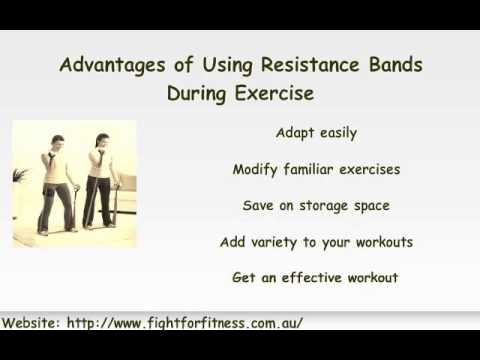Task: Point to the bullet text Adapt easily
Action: coord(315,133)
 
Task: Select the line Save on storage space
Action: coord(315,205)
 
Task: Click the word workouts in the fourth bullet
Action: coord(377,241)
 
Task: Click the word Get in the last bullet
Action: coord(243,277)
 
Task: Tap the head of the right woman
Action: coord(99,139)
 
